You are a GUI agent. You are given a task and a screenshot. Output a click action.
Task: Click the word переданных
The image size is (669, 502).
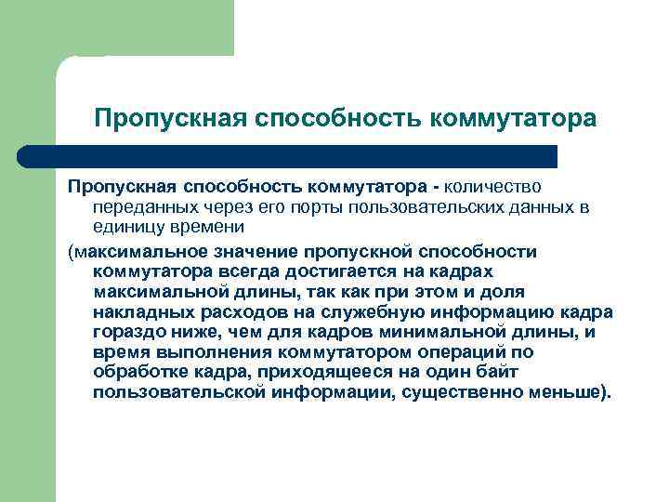(x=138, y=208)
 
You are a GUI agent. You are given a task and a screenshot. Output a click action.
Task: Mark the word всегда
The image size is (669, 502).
(x=244, y=271)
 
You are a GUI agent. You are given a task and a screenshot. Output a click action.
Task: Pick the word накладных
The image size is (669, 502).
(x=137, y=311)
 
